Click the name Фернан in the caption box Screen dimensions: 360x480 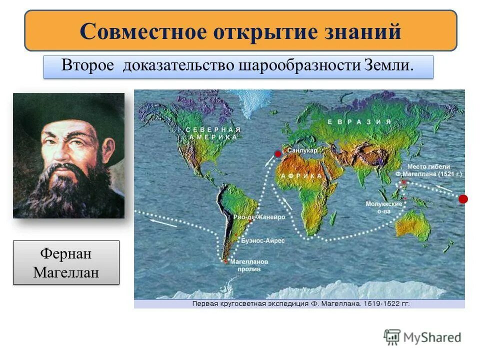pos(66,253)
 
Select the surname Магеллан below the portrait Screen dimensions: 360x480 pos(66,272)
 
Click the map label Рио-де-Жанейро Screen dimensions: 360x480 pos(259,217)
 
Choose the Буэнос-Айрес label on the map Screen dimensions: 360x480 pos(263,240)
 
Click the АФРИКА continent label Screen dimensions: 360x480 pos(301,176)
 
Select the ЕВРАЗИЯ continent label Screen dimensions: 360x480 pos(358,121)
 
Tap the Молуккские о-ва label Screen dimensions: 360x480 pos(384,207)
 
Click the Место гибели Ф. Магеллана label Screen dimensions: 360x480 pos(428,170)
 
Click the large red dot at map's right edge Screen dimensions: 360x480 pos(463,199)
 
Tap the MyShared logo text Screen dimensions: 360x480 pos(432,337)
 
